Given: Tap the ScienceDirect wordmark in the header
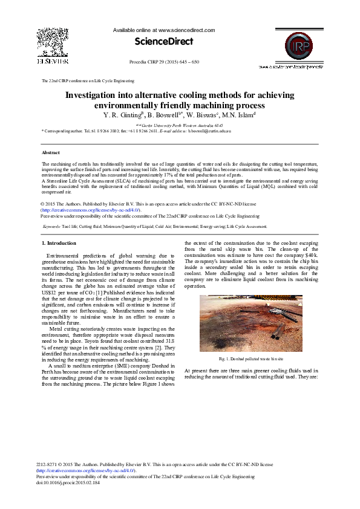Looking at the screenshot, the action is tap(164, 42).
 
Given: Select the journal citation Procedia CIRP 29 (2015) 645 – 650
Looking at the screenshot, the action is tap(164, 62).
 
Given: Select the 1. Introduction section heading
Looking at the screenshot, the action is tap(59, 243).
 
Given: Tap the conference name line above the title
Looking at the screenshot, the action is tap(88, 80).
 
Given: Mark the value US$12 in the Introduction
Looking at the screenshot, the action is tap(48, 293).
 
